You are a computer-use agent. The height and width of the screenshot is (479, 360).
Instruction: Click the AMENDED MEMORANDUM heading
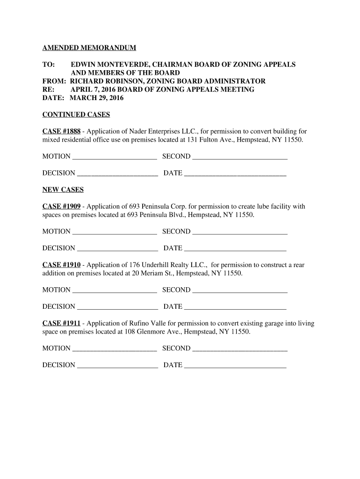pyautogui.click(x=89, y=48)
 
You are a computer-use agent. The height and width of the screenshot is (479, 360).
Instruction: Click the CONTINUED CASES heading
pyautogui.click(x=76, y=115)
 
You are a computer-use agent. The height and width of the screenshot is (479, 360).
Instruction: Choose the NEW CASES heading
pyautogui.click(x=63, y=190)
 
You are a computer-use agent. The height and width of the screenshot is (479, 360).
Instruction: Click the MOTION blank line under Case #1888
pyautogui.click(x=115, y=157)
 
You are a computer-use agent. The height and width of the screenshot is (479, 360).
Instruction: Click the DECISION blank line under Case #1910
pyautogui.click(x=117, y=307)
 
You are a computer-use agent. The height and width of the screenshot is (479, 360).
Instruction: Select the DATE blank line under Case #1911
pyautogui.click(x=235, y=366)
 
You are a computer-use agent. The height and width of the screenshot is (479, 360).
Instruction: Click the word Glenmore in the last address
pyautogui.click(x=152, y=332)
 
